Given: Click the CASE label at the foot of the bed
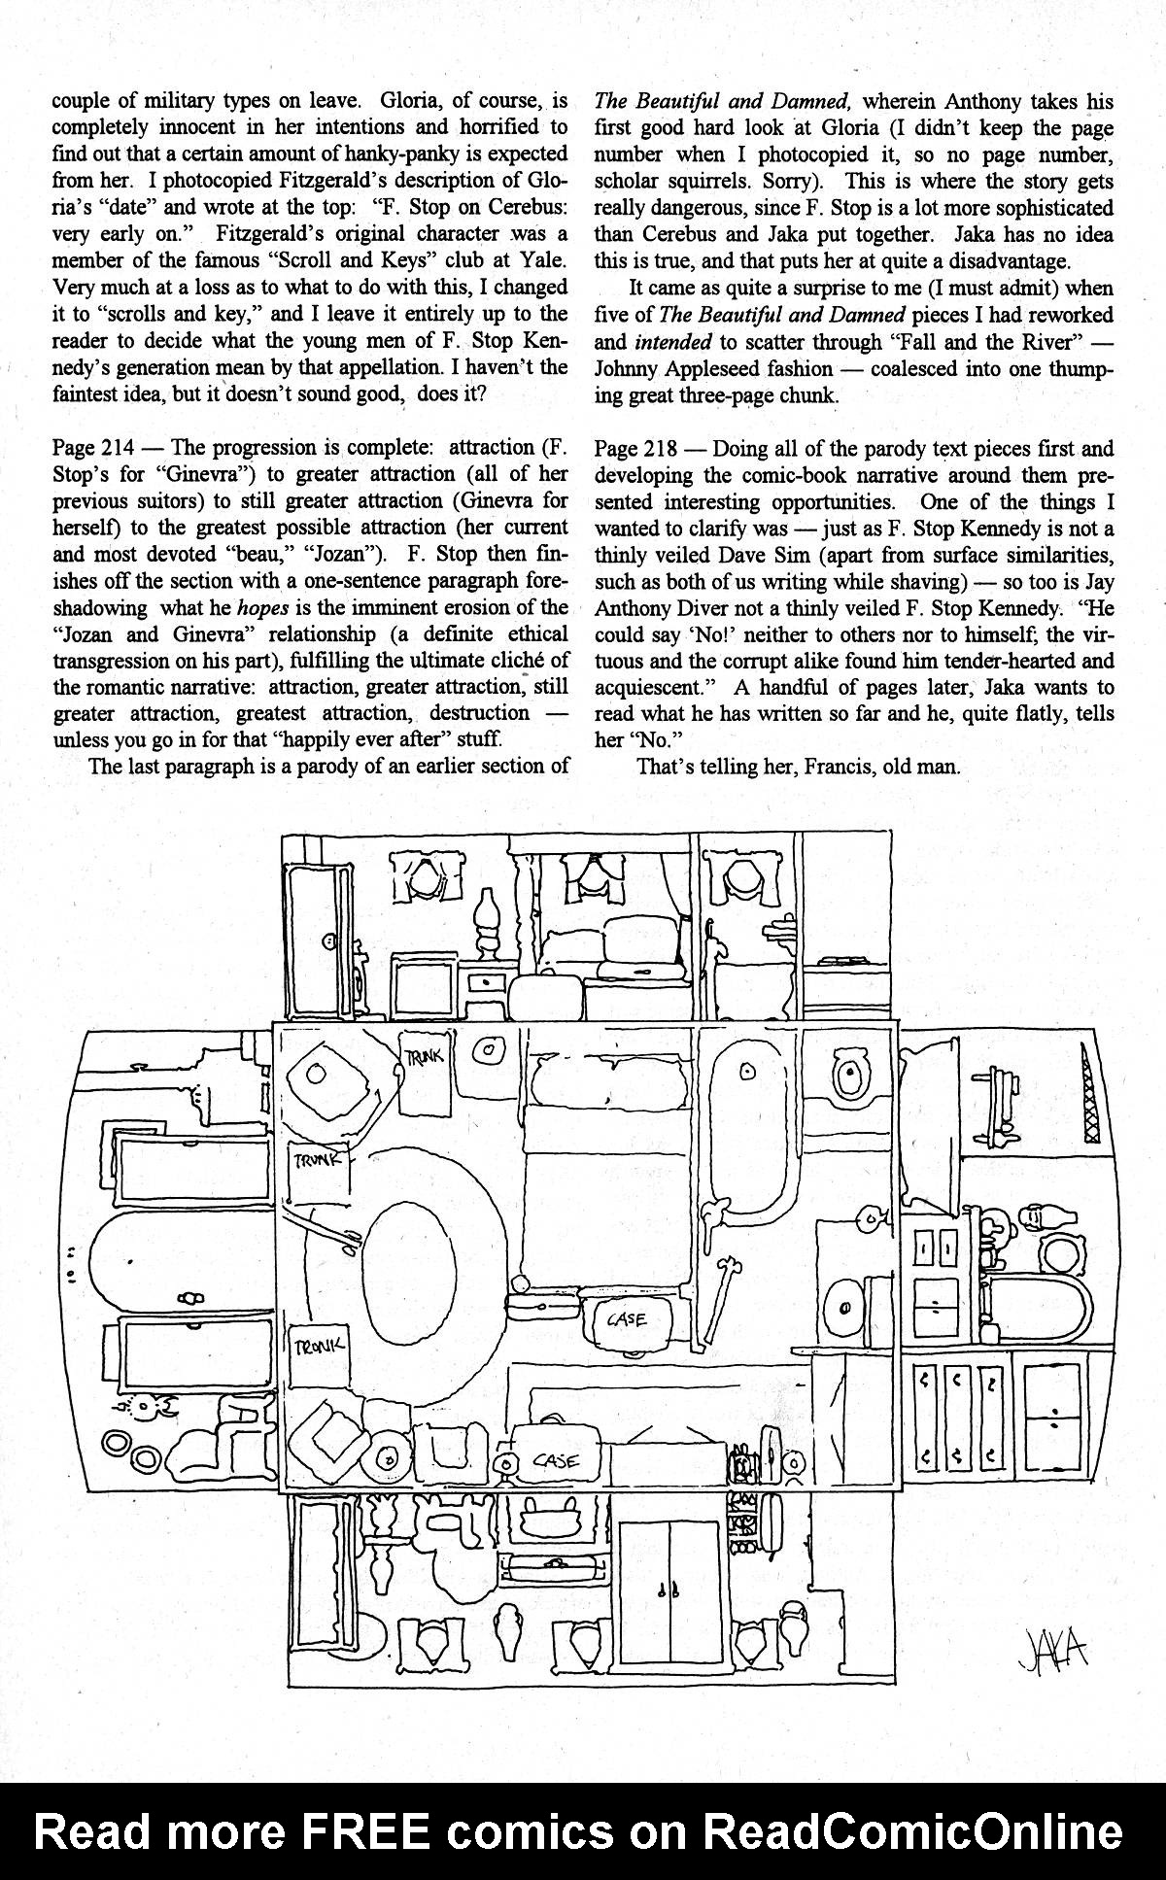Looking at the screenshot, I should pos(627,1319).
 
